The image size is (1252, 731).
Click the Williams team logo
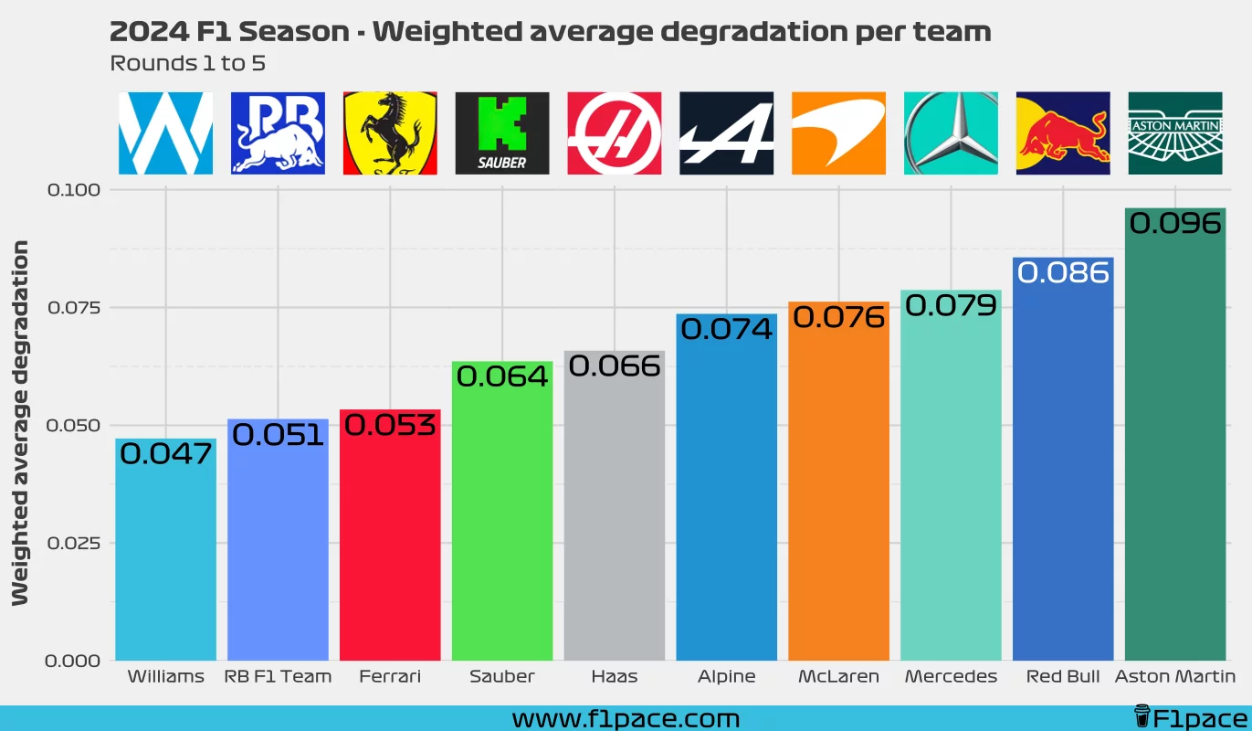pyautogui.click(x=165, y=133)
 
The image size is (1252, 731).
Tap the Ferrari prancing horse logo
pyautogui.click(x=390, y=133)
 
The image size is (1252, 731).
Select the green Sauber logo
pyautogui.click(x=502, y=133)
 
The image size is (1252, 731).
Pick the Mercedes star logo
pyautogui.click(x=951, y=133)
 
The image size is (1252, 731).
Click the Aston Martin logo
pyautogui.click(x=1175, y=133)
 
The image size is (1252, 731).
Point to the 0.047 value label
pyautogui.click(x=165, y=453)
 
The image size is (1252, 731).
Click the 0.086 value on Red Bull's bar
pyautogui.click(x=1063, y=272)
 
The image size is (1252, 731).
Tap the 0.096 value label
pyautogui.click(x=1175, y=223)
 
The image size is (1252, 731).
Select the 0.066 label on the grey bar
pyautogui.click(x=615, y=366)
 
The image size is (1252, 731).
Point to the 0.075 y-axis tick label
pyautogui.click(x=72, y=307)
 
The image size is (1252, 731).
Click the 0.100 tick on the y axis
pyautogui.click(x=72, y=189)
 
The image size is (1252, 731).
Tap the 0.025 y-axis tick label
pyautogui.click(x=72, y=543)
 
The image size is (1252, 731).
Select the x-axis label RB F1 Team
pyautogui.click(x=278, y=677)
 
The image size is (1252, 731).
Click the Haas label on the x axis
pyautogui.click(x=615, y=677)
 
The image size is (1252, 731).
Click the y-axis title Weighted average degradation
pyautogui.click(x=20, y=423)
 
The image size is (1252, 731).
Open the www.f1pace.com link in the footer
pyautogui.click(x=626, y=718)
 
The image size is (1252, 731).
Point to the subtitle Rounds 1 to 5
pyautogui.click(x=187, y=64)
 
